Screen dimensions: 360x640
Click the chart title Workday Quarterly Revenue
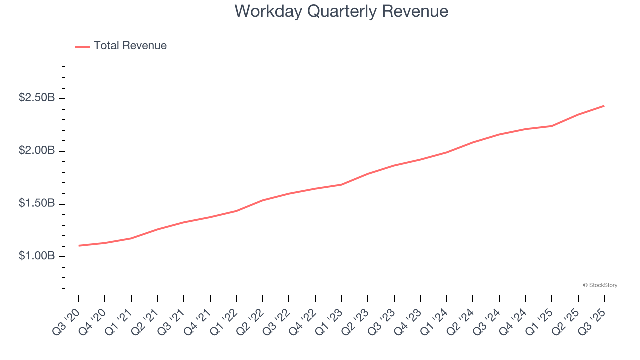point(341,11)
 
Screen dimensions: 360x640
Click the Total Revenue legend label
point(130,46)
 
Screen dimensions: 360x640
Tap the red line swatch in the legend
point(82,46)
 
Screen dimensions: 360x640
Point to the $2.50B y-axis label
point(37,98)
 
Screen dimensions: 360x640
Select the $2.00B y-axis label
point(37,151)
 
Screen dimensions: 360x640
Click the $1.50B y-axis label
point(37,204)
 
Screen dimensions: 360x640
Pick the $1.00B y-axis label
point(37,256)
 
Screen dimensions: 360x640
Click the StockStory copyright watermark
point(600,285)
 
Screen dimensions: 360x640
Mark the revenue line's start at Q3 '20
point(79,246)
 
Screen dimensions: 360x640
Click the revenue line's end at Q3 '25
point(604,106)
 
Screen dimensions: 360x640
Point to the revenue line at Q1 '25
point(552,126)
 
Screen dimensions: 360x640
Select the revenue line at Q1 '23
point(341,185)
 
